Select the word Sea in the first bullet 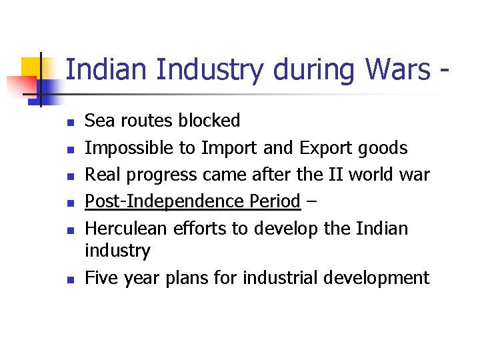click(x=99, y=121)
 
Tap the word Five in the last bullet click(x=101, y=277)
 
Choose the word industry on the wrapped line click(x=118, y=251)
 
